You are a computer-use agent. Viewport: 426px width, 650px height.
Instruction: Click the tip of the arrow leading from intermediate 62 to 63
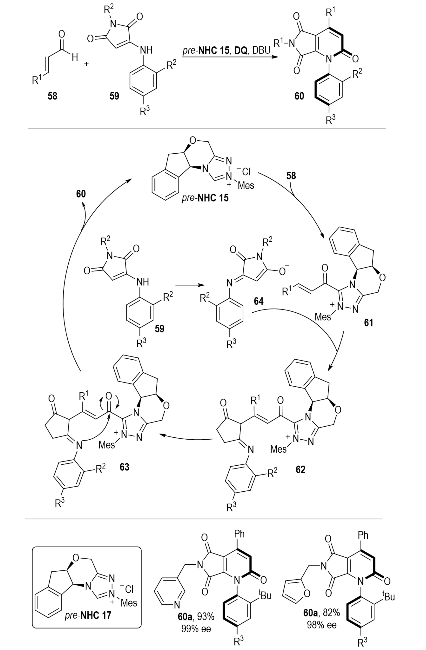(159, 434)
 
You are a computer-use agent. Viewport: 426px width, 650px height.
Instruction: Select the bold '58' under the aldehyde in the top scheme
(52, 96)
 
